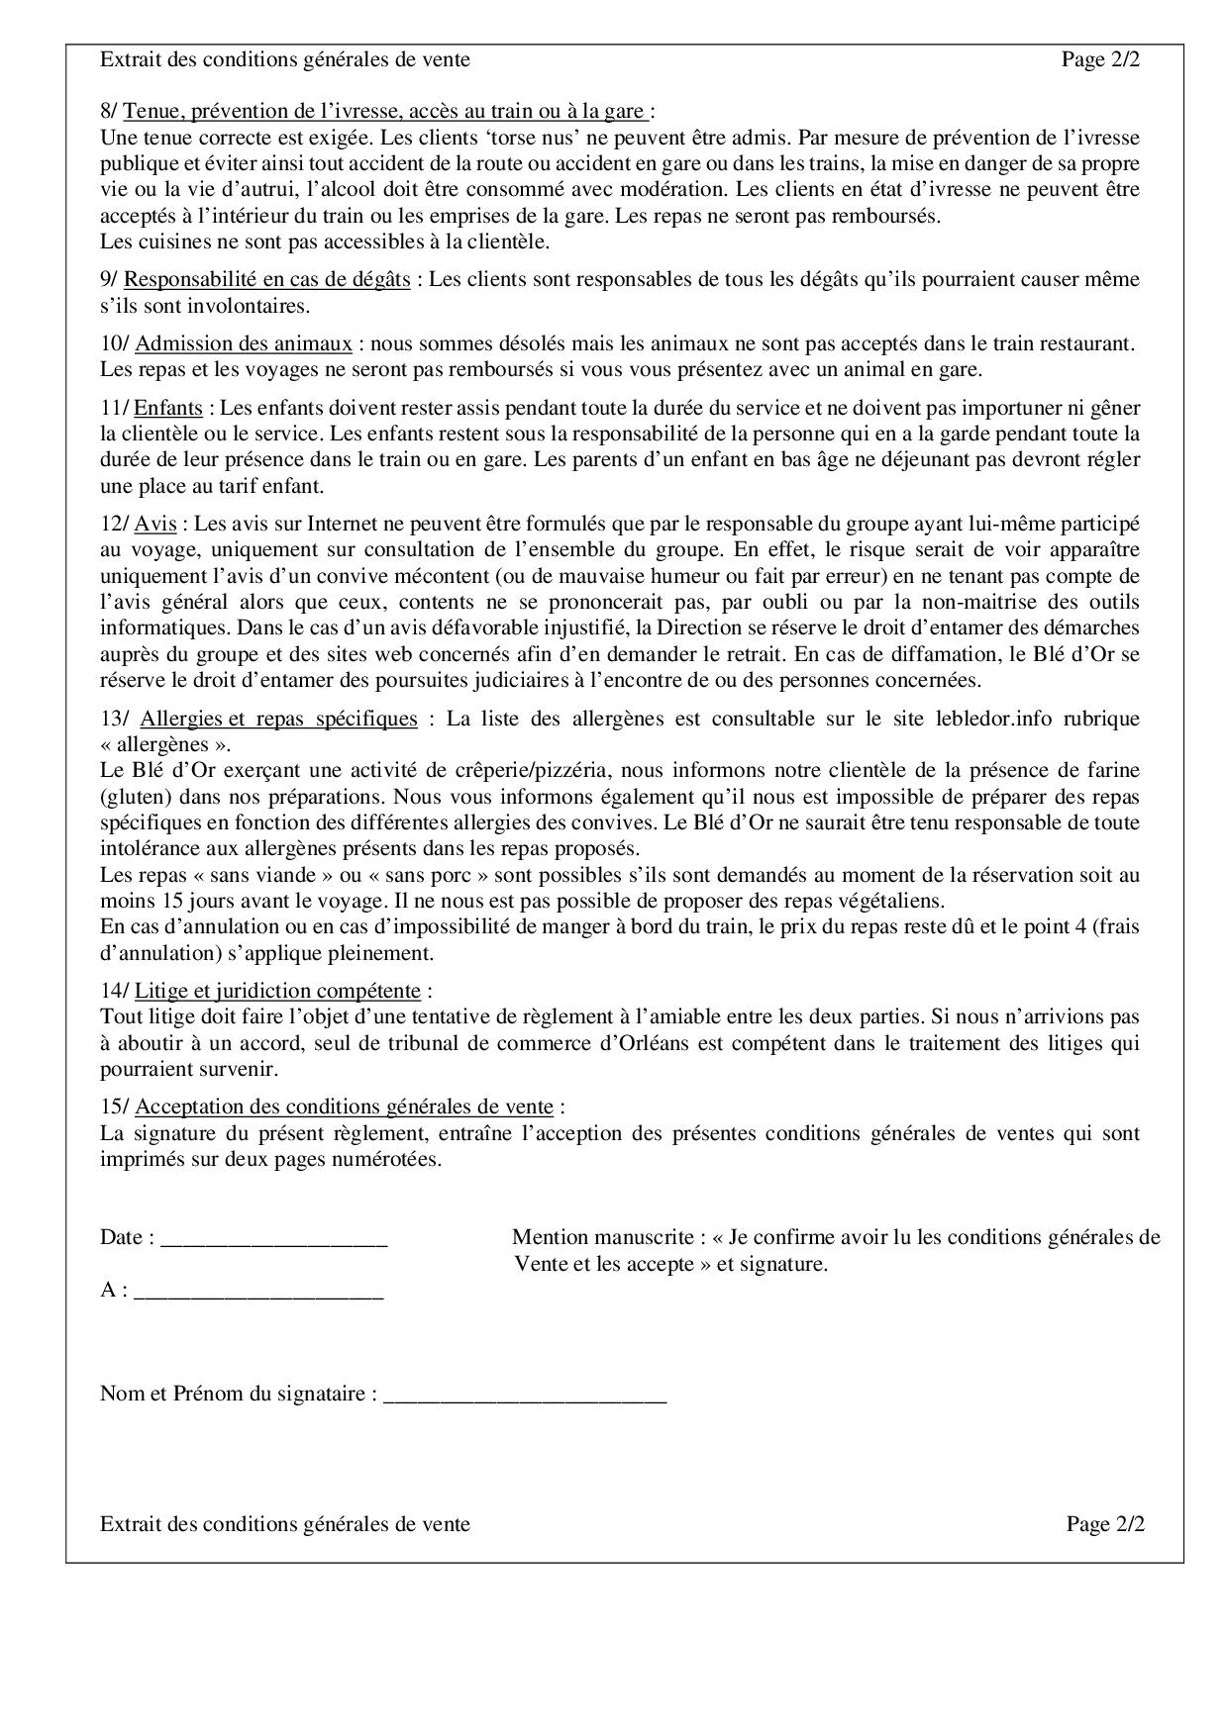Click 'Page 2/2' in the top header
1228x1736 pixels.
click(x=1100, y=60)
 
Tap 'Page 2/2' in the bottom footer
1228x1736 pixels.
click(x=1105, y=1524)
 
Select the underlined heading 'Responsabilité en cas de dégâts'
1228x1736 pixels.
click(x=267, y=280)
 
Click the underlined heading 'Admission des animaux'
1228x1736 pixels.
click(x=244, y=344)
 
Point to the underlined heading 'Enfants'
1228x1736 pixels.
click(x=168, y=408)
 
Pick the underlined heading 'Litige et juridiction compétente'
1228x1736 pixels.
click(x=277, y=991)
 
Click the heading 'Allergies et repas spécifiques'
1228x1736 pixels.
click(x=278, y=719)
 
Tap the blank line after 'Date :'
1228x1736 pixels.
click(x=273, y=1238)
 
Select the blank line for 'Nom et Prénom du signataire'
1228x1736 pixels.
click(x=525, y=1395)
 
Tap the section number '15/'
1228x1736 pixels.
click(x=114, y=1108)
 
